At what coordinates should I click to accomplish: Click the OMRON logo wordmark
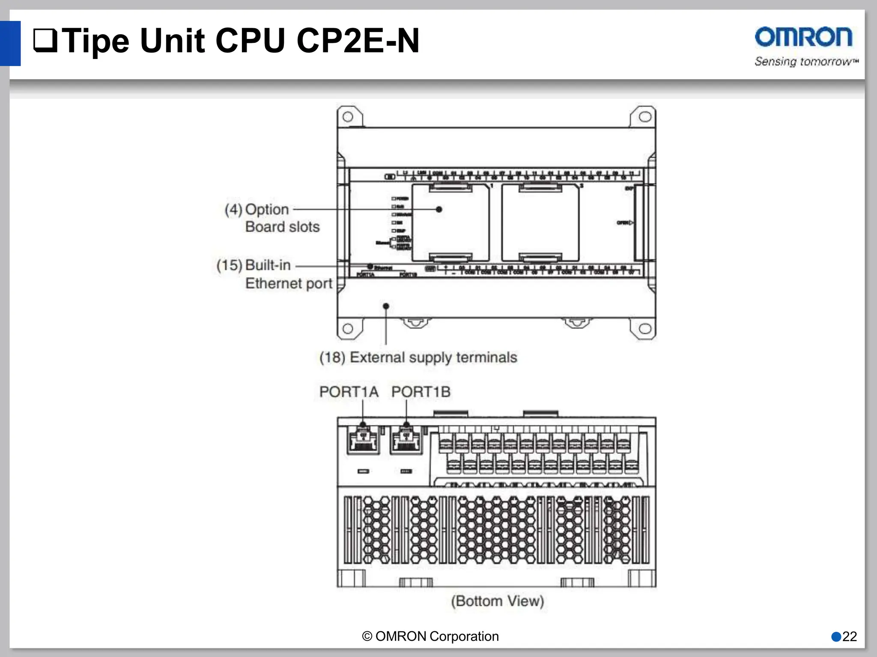[x=803, y=37]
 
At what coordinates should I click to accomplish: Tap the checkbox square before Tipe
[x=45, y=41]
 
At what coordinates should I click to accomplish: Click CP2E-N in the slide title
[x=358, y=41]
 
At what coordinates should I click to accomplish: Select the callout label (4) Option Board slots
[x=272, y=218]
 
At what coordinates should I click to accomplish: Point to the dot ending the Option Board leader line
[x=439, y=210]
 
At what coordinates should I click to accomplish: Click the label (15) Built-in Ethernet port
[x=274, y=274]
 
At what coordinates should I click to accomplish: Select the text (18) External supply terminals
[x=418, y=357]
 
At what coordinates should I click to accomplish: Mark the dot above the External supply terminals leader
[x=386, y=306]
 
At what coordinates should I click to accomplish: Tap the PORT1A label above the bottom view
[x=349, y=392]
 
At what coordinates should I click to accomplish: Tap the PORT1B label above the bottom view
[x=421, y=392]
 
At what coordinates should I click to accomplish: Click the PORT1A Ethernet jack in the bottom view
[x=363, y=441]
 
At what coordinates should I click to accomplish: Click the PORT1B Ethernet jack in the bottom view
[x=406, y=441]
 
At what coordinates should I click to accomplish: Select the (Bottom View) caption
[x=497, y=601]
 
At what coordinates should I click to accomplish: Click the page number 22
[x=850, y=636]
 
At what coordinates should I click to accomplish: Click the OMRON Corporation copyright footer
[x=430, y=636]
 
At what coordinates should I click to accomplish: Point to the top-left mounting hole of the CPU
[x=348, y=117]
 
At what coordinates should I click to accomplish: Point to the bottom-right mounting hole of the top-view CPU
[x=645, y=328]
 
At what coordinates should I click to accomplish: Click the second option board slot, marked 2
[x=540, y=222]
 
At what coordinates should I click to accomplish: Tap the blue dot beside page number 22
[x=836, y=636]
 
